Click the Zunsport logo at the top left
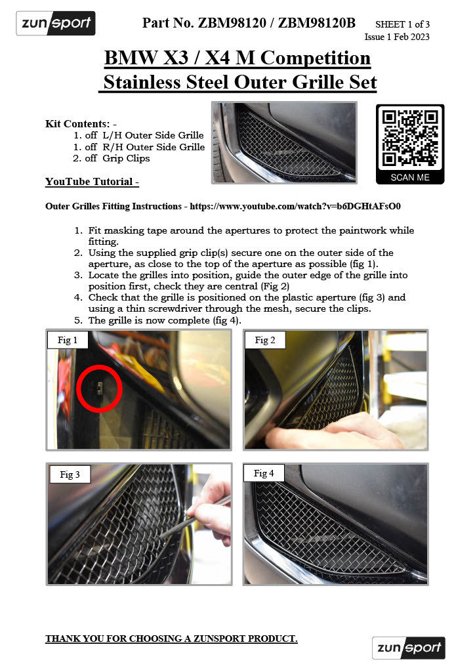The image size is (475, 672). click(x=56, y=24)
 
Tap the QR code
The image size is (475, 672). click(x=410, y=137)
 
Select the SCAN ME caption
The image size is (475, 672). click(x=410, y=177)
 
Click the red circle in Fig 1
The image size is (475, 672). click(x=100, y=388)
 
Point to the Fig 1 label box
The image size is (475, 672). click(x=68, y=340)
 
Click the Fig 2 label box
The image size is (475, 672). click(x=265, y=340)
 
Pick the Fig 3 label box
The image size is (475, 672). click(x=70, y=474)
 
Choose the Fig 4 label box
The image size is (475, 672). click(x=264, y=473)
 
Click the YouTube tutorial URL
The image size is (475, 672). click(x=295, y=206)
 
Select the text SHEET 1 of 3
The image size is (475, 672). click(x=402, y=24)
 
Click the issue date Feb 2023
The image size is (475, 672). click(x=411, y=37)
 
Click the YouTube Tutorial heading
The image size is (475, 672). click(x=92, y=181)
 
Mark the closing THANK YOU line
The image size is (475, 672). click(x=171, y=639)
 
